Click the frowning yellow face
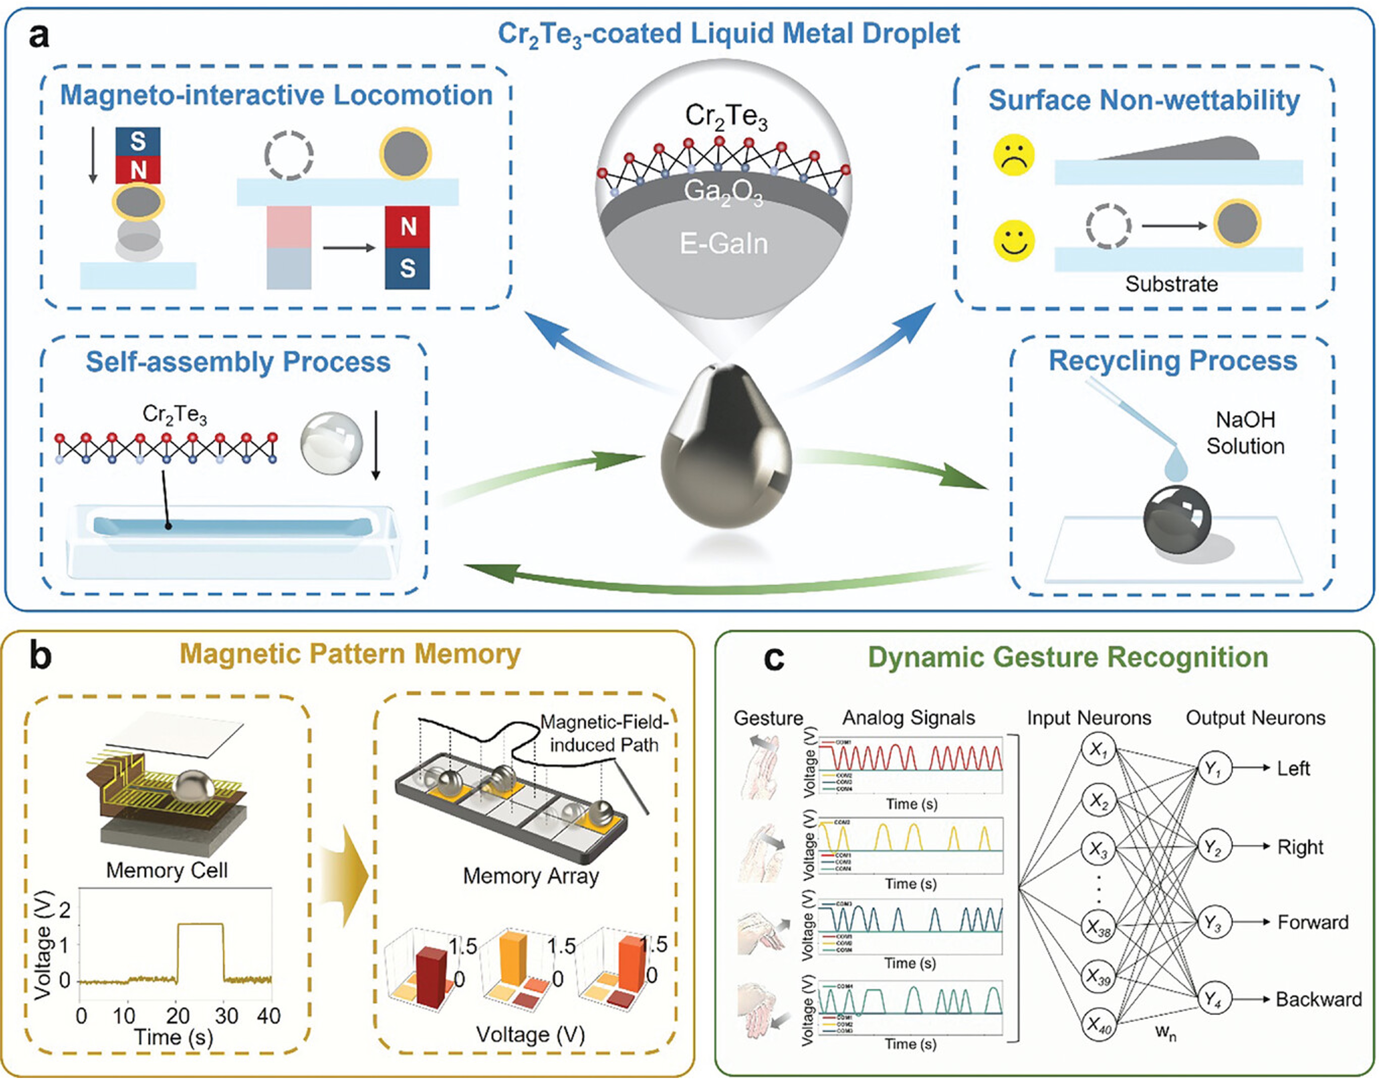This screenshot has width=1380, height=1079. (x=1014, y=155)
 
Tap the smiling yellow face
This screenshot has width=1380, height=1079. (x=1014, y=241)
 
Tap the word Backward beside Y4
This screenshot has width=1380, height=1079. (x=1319, y=999)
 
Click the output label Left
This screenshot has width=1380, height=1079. (x=1293, y=769)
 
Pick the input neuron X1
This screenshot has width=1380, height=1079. (x=1098, y=750)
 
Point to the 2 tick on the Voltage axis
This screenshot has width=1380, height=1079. (x=64, y=910)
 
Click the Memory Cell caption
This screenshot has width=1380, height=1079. (x=167, y=871)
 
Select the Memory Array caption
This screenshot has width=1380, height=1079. (x=531, y=876)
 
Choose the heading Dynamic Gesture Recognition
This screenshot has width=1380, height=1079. (x=1068, y=658)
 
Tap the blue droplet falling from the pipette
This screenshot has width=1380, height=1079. (x=1176, y=469)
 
